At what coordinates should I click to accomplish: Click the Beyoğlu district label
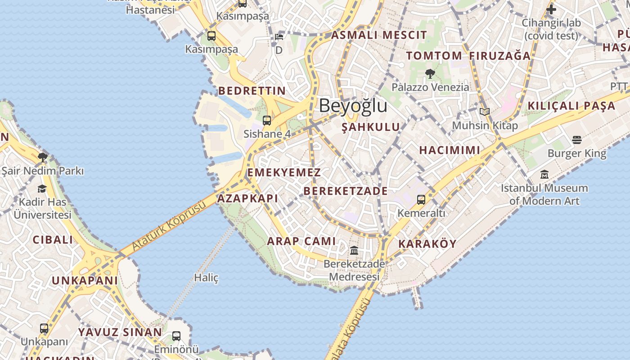tap(353, 106)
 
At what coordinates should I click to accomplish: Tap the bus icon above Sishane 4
tap(267, 120)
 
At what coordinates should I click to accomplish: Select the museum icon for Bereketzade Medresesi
tap(354, 250)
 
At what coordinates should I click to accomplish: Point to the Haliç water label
tap(206, 278)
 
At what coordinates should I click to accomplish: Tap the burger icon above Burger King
tap(577, 140)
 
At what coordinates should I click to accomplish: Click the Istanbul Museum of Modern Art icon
tap(544, 174)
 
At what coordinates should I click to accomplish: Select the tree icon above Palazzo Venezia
tap(430, 73)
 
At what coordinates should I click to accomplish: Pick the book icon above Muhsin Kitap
tap(484, 112)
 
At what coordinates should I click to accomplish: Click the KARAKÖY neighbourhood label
tap(427, 244)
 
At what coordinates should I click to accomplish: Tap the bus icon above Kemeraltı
tap(421, 199)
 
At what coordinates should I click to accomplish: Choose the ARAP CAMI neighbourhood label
tap(301, 241)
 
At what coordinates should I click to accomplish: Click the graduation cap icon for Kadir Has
tap(42, 189)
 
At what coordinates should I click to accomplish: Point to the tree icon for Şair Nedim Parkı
tap(43, 157)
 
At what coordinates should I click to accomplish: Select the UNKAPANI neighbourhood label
tap(85, 281)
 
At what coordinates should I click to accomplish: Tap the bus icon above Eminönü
tap(176, 336)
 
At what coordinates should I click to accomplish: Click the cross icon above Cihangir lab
tap(551, 9)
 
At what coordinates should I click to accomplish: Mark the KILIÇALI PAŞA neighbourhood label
tap(571, 106)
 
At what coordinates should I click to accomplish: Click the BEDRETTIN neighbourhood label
tap(252, 91)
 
